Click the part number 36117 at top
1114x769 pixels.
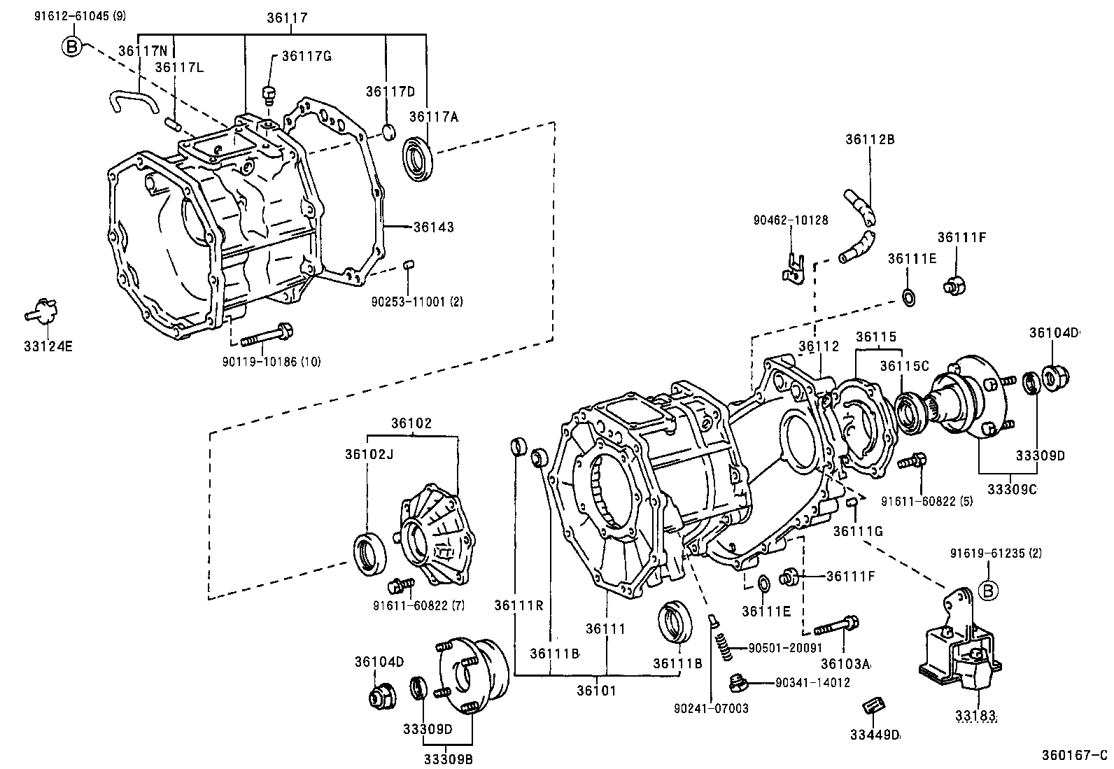[x=287, y=18]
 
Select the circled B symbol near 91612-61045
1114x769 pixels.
[x=71, y=46]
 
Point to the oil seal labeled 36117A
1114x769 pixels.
[x=419, y=158]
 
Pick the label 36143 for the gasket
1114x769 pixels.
[x=433, y=227]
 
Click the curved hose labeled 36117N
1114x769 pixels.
[x=131, y=102]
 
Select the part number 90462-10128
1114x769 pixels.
[x=790, y=220]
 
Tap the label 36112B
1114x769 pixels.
[x=870, y=139]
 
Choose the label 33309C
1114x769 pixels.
[x=1012, y=488]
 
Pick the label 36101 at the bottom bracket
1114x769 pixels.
[x=596, y=690]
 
